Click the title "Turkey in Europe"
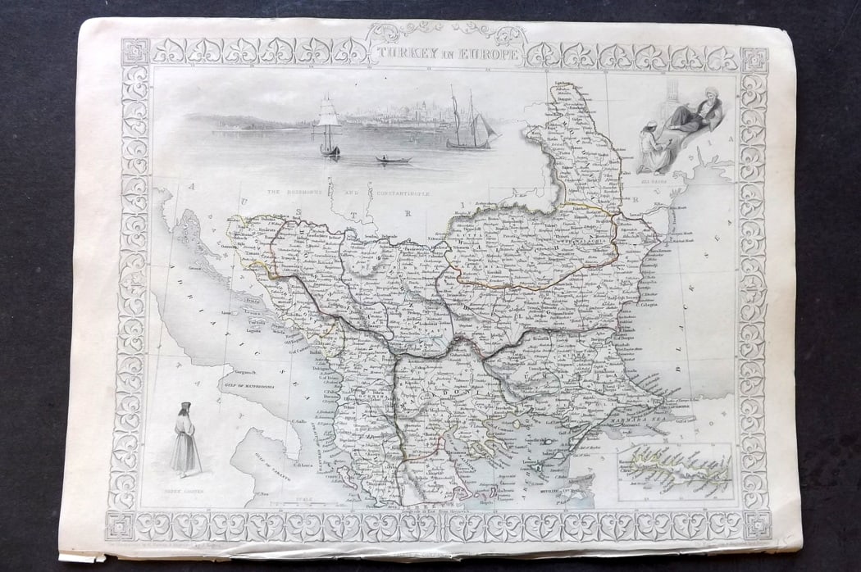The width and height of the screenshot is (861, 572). click(447, 55)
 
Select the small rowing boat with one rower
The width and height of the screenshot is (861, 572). click(393, 158)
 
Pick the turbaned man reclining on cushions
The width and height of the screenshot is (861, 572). click(694, 114)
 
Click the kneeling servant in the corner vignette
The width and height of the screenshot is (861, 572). click(654, 148)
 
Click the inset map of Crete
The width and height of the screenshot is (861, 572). click(675, 473)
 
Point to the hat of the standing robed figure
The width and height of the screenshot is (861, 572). click(186, 407)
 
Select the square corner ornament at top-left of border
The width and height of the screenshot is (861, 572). click(134, 52)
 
